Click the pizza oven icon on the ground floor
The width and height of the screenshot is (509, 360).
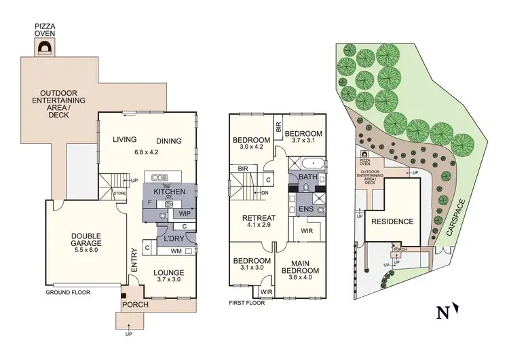pos(46,48)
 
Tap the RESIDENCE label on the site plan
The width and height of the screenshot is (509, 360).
pos(392,221)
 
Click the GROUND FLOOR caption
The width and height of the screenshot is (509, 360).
pos(68,293)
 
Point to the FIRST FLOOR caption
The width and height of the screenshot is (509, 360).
pos(247,303)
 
